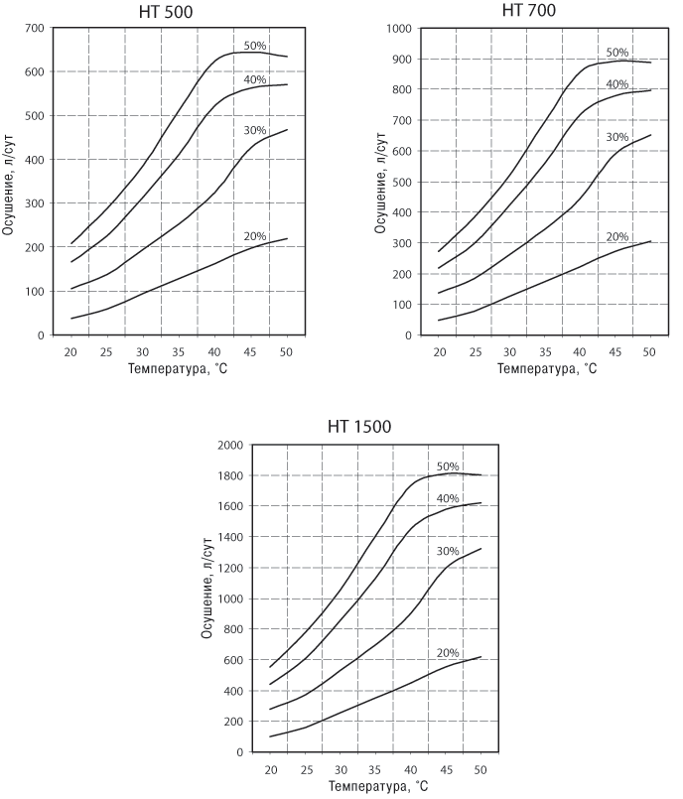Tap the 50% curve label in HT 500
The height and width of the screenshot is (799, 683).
coord(256,46)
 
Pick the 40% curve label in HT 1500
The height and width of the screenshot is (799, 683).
coord(448,498)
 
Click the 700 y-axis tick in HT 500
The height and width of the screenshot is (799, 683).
coord(34,28)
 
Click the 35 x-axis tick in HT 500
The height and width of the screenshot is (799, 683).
coord(179,352)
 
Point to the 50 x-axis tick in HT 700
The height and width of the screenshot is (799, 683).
coord(650,352)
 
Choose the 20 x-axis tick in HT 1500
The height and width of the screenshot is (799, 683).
coord(271,769)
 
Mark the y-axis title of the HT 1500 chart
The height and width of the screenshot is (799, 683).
coord(208,599)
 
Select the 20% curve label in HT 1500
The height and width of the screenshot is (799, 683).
coord(448,651)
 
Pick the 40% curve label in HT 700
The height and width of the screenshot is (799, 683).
coord(618,84)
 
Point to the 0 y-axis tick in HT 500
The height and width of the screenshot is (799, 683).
coord(42,335)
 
